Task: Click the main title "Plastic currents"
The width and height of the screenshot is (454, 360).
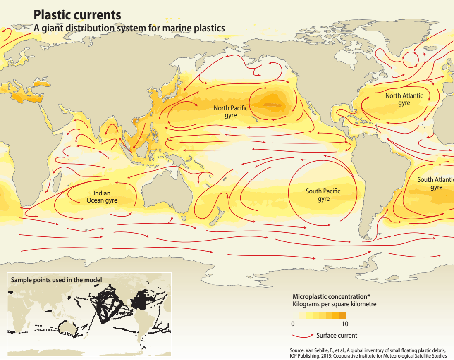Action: coord(77,15)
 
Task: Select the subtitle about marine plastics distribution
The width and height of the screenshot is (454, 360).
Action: coord(129,28)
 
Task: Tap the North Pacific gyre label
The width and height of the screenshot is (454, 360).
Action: coord(231,112)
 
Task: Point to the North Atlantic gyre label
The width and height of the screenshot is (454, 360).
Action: coord(404,99)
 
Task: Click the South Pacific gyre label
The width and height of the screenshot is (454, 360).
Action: coord(323,195)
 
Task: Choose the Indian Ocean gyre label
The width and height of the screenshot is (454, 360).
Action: coord(102,197)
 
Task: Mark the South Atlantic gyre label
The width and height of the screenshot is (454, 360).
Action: coord(436,183)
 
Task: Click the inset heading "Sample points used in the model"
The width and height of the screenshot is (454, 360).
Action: coord(56,280)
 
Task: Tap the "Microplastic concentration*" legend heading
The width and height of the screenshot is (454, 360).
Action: coord(331,296)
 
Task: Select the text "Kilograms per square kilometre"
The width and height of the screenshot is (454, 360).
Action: coord(335,304)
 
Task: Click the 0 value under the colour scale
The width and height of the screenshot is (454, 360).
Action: coord(293,323)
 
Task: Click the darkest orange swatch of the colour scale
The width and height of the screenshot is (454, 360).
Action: coord(342,315)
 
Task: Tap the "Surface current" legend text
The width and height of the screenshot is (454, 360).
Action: coord(337,335)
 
